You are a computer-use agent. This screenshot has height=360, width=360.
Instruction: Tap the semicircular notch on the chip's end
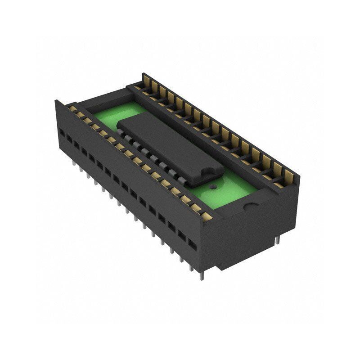pyautogui.click(x=208, y=173)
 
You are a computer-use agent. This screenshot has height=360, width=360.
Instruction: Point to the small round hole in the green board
pyautogui.click(x=213, y=185)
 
